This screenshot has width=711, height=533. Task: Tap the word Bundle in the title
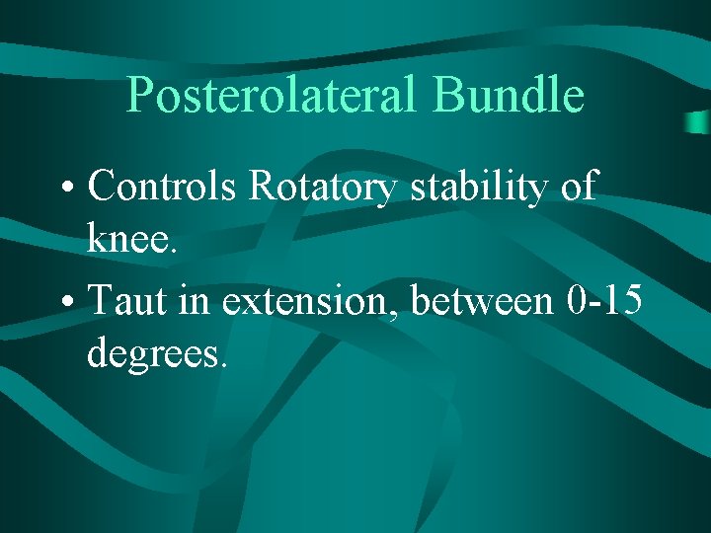tap(509, 96)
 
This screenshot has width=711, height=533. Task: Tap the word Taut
tap(119, 300)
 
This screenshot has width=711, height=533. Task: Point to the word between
tap(482, 300)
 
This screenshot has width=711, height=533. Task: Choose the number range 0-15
tap(606, 298)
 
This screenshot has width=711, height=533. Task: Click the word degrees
tap(152, 353)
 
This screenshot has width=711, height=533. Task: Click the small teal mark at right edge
tap(698, 122)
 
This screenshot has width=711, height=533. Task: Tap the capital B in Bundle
tap(448, 96)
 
